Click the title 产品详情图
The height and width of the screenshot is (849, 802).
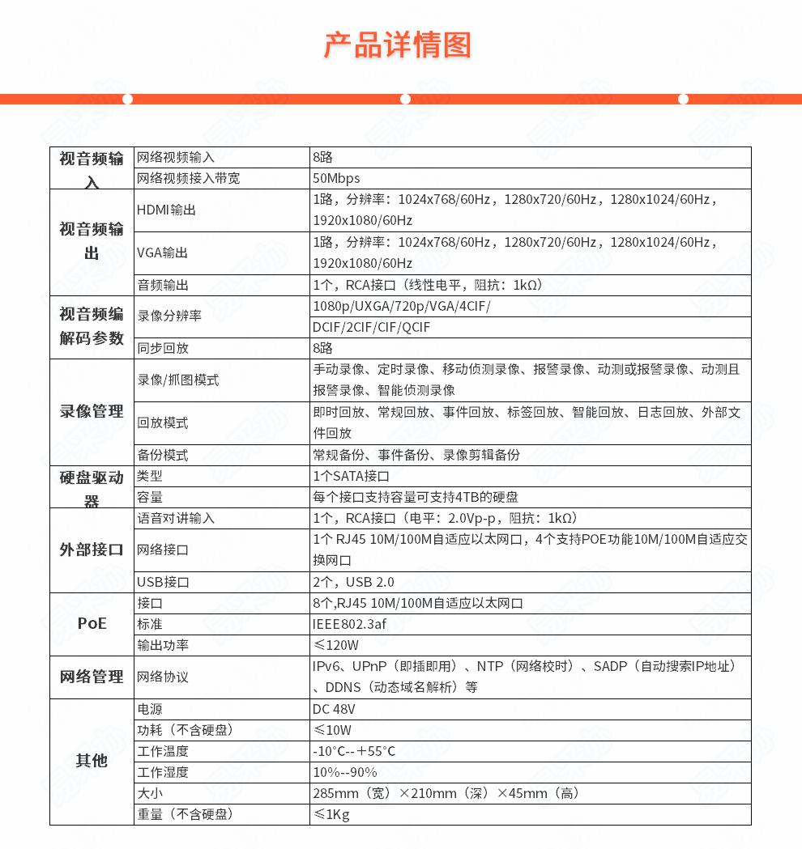pyautogui.click(x=397, y=45)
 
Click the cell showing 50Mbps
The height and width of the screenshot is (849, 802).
pyautogui.click(x=336, y=178)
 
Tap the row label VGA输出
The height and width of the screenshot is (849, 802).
pyautogui.click(x=162, y=253)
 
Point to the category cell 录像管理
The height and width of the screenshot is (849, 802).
pyautogui.click(x=92, y=412)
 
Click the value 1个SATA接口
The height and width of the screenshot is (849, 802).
pyautogui.click(x=351, y=477)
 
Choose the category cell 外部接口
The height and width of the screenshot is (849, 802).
pyautogui.click(x=92, y=550)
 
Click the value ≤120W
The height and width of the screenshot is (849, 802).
pyautogui.click(x=335, y=646)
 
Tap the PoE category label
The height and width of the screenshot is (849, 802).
pyautogui.click(x=92, y=624)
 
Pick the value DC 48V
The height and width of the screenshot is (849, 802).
pyautogui.click(x=334, y=709)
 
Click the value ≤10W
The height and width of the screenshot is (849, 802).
pyautogui.click(x=332, y=730)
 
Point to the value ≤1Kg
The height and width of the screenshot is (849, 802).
pyautogui.click(x=331, y=814)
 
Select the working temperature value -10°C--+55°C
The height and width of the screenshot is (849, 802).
pyautogui.click(x=354, y=751)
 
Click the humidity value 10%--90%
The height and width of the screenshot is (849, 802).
pyautogui.click(x=345, y=772)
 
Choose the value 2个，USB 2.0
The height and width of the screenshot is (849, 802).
pyautogui.click(x=353, y=583)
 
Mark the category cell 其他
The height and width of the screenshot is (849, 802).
pyautogui.click(x=92, y=762)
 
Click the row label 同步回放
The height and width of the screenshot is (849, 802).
pyautogui.click(x=163, y=349)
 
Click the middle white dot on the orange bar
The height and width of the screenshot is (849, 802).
pyautogui.click(x=405, y=100)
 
